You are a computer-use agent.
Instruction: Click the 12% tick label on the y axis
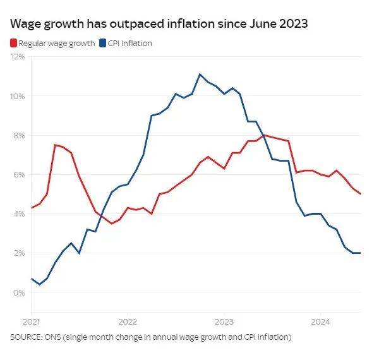click(x=18, y=57)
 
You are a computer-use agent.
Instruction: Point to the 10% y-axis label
click(x=18, y=96)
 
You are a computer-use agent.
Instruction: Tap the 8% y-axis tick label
click(x=20, y=135)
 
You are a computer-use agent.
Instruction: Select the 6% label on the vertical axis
click(x=20, y=174)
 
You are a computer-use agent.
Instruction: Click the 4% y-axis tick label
click(x=20, y=213)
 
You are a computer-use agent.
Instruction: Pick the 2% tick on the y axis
click(x=20, y=253)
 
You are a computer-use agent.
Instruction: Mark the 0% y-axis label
click(x=20, y=292)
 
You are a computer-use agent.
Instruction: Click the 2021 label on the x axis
click(x=30, y=320)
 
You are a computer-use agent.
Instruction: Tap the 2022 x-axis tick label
click(x=127, y=320)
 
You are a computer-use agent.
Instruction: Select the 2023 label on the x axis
click(x=224, y=320)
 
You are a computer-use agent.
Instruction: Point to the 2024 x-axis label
click(x=320, y=320)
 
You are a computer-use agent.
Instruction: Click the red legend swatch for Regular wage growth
click(x=13, y=44)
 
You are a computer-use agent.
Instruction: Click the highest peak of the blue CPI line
click(x=200, y=75)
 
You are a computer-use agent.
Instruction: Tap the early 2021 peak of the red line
click(x=56, y=145)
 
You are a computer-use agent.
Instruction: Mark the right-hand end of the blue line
click(x=360, y=253)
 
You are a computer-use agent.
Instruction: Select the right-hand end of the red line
click(x=360, y=194)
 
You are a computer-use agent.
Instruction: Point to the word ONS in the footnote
click(x=57, y=337)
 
